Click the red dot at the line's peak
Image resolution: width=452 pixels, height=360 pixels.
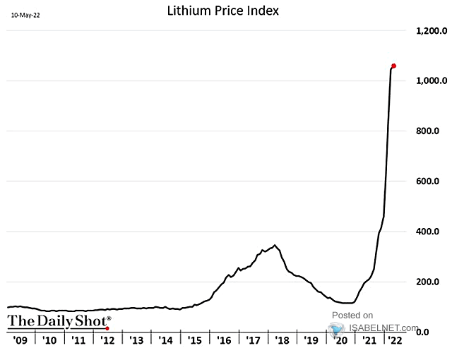(x=393, y=66)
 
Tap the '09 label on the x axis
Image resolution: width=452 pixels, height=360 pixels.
(x=20, y=340)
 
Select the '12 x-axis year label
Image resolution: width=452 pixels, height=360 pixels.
(x=107, y=340)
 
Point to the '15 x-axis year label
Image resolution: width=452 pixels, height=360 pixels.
(x=194, y=340)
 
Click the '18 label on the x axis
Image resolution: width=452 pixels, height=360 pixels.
(x=281, y=340)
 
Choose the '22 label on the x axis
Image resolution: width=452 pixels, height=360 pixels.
(x=397, y=340)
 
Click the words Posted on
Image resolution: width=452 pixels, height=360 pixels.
(x=352, y=315)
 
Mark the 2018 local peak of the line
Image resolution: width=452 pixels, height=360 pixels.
(x=275, y=246)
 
